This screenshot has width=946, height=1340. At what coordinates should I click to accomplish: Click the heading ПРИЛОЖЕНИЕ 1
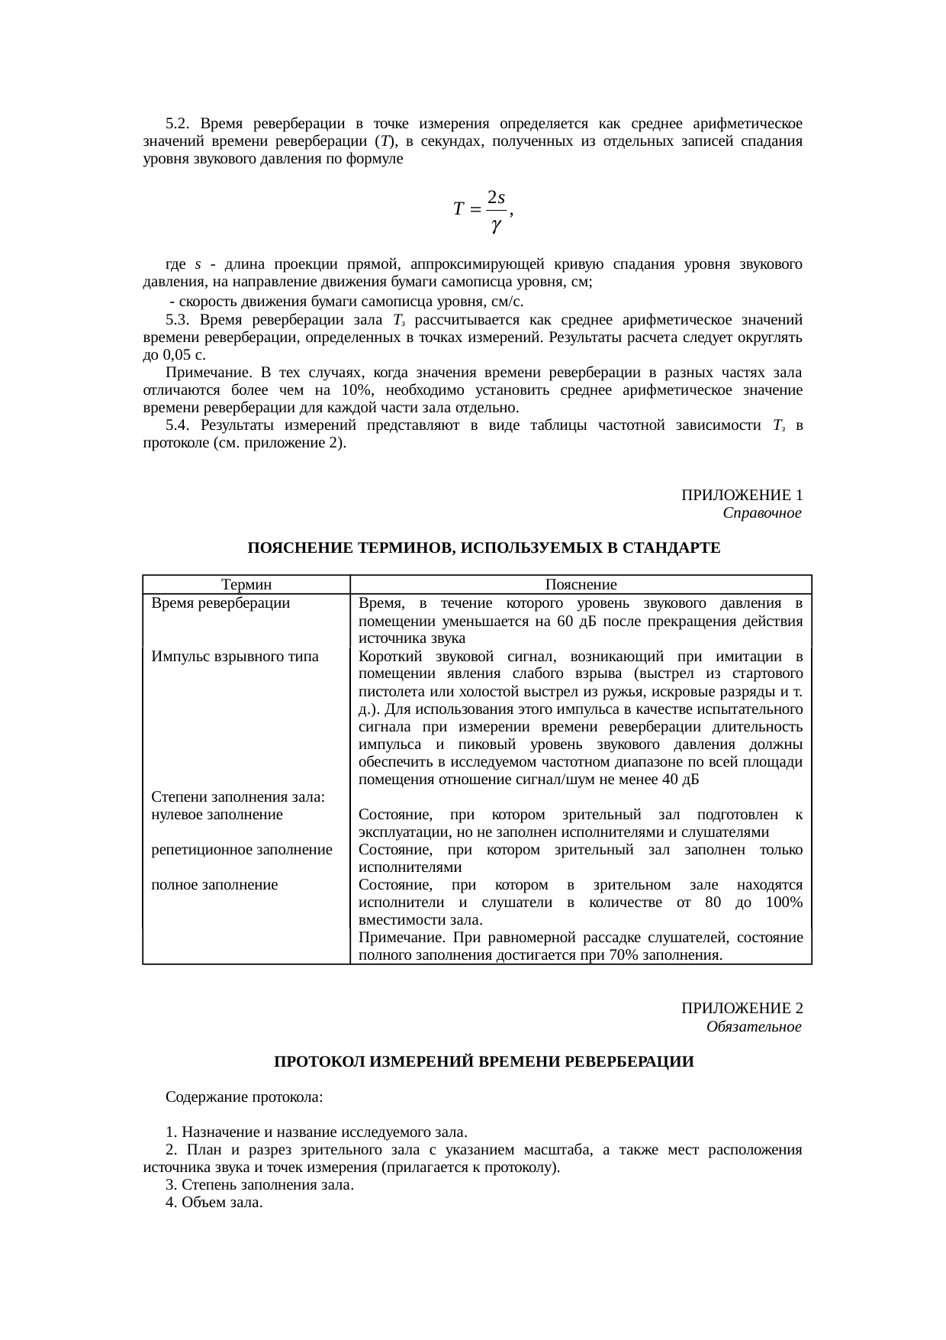[741, 496]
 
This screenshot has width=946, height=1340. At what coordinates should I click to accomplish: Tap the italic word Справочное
[761, 513]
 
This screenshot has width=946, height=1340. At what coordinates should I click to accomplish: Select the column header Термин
[246, 585]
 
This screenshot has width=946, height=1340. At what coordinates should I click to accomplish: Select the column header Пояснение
[581, 585]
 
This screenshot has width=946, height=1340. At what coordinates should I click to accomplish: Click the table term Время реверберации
[220, 603]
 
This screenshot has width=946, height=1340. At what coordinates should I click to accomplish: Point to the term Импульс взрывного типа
[235, 657]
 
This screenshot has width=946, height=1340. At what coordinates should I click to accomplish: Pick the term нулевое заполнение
[217, 815]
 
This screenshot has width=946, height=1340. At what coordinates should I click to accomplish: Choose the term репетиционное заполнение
[242, 850]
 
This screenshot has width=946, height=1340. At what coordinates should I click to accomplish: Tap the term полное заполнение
[214, 885]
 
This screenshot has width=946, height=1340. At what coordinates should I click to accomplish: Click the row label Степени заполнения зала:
[239, 797]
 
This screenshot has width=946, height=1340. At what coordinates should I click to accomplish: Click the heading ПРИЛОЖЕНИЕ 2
[741, 1009]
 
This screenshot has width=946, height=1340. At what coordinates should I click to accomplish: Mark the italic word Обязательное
[753, 1027]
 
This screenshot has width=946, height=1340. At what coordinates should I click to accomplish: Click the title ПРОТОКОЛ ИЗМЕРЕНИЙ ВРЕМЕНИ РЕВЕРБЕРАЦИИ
[484, 1062]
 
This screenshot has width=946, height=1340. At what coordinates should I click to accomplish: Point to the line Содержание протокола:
[244, 1097]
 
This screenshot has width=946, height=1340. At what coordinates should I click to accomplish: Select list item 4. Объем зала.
[214, 1203]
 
